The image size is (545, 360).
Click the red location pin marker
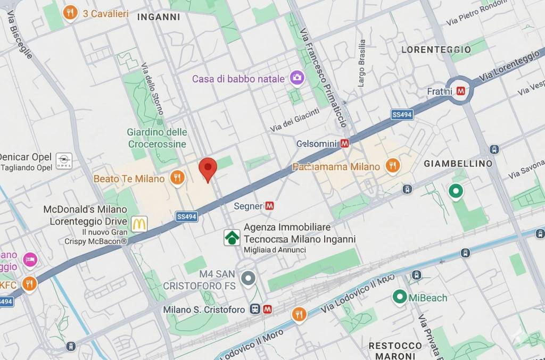208,169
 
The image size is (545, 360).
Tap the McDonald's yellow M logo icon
139,224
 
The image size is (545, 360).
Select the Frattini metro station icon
461,91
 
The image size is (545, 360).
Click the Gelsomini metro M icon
345,143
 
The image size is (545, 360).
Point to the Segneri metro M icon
270,206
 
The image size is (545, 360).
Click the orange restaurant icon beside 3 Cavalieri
70,13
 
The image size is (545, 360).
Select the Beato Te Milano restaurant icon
178,178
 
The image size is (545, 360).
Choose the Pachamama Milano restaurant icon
392,166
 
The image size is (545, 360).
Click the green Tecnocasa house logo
232,238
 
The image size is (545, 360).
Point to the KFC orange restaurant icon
29,284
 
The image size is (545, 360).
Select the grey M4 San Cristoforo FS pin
247,278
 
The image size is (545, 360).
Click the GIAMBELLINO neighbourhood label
458,163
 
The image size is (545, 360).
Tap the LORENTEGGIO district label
436,49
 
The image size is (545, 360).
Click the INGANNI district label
159,17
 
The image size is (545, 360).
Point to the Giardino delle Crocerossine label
157,138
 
